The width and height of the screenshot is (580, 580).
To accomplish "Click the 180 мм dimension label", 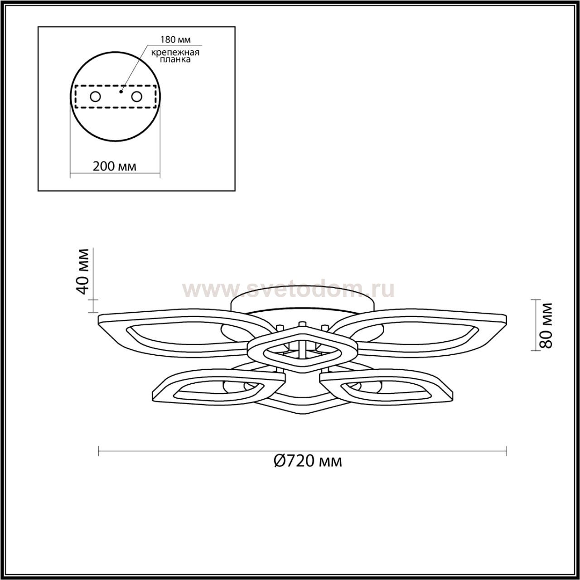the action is pyautogui.click(x=175, y=40).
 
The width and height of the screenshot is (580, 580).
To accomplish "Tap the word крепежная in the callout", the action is pyautogui.click(x=175, y=53).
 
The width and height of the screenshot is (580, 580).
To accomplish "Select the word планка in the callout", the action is pyautogui.click(x=175, y=60).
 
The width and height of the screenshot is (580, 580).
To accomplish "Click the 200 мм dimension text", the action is pyautogui.click(x=114, y=166).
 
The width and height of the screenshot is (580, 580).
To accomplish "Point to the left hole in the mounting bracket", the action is pyautogui.click(x=96, y=97).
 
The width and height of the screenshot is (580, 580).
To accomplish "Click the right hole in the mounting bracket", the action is pyautogui.click(x=136, y=97).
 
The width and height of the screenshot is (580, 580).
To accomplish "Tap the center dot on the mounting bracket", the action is pyautogui.click(x=121, y=92).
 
